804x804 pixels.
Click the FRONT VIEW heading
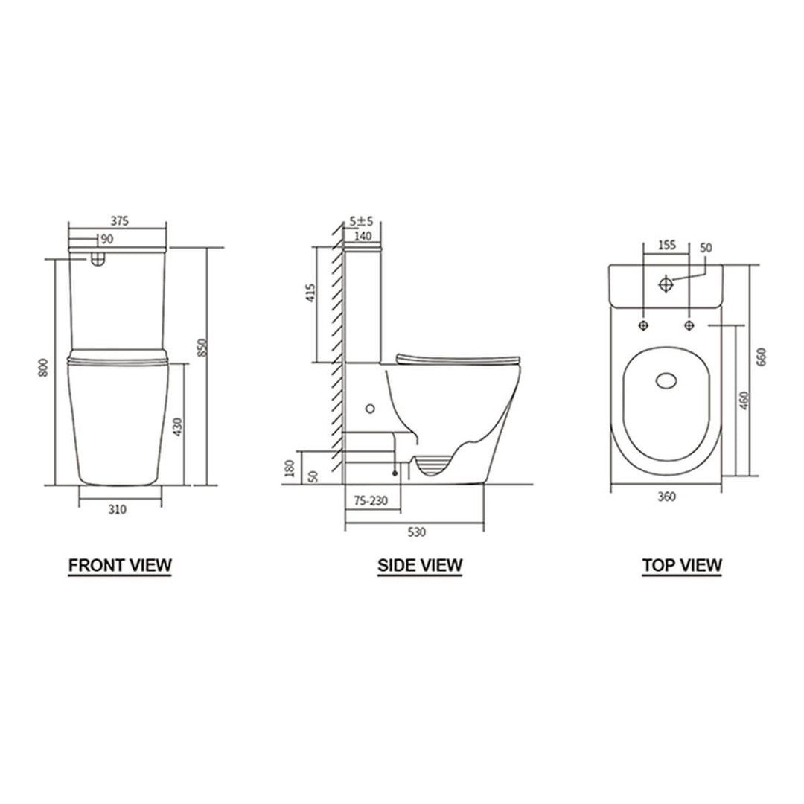pos(120,565)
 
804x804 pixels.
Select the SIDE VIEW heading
pos(420,565)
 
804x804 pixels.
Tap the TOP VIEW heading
pos(682,565)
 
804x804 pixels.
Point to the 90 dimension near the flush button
pos(106,239)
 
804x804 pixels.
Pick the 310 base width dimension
pos(118,509)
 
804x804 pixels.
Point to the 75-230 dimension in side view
pos(370,502)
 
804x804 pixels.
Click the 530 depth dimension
pos(416,532)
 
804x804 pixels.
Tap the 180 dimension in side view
pos(290,468)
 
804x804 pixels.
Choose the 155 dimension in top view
pos(666,244)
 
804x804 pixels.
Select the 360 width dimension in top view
pos(667,498)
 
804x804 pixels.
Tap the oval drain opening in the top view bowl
pos(667,380)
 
